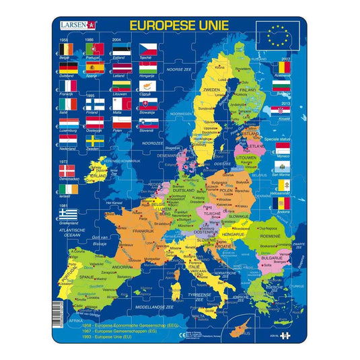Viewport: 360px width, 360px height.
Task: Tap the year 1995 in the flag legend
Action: (x=92, y=95)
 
